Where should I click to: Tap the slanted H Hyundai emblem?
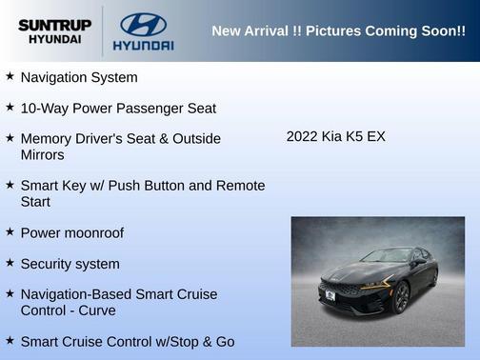143,22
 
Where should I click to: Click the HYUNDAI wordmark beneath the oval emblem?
143,45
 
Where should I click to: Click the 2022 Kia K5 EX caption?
335,136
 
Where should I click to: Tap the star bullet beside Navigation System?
10,76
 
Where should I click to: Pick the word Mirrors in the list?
43,154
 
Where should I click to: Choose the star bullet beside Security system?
10,263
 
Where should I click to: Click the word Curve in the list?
97,310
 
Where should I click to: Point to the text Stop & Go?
201,341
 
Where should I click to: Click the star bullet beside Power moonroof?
10,231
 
